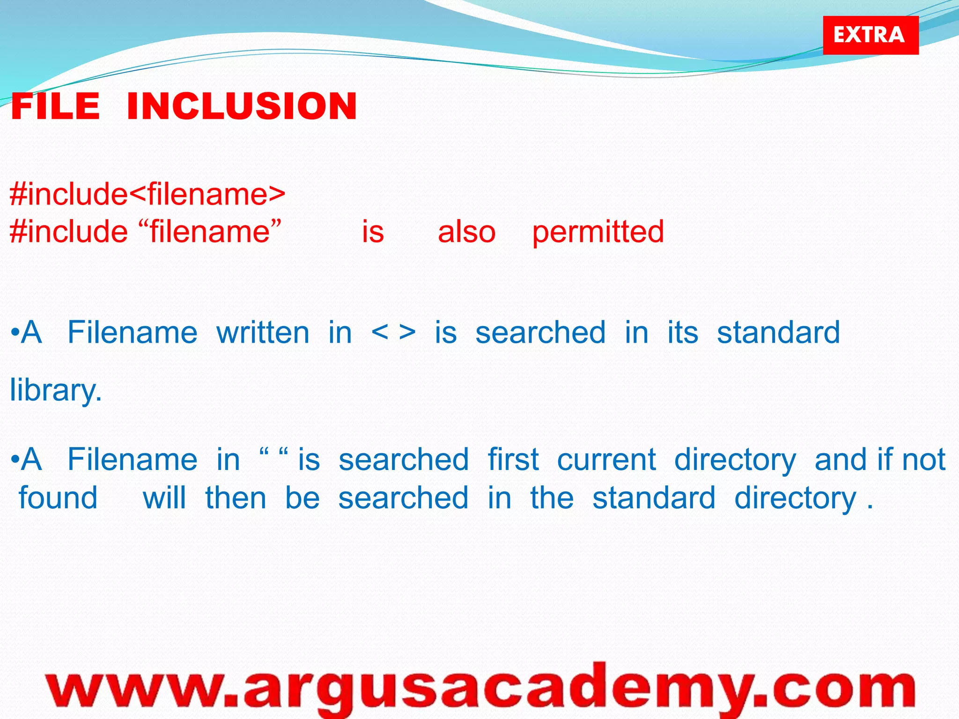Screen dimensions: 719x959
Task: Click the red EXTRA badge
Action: (870, 35)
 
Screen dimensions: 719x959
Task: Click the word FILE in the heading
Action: (55, 106)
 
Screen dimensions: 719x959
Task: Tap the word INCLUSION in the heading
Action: (242, 106)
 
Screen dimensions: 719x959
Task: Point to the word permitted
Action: (598, 231)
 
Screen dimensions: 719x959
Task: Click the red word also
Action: (466, 232)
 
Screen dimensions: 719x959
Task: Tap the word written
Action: (263, 333)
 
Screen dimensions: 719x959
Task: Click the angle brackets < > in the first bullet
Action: (393, 332)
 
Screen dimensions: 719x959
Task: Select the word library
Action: (56, 390)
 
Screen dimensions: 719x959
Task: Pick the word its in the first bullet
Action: (682, 333)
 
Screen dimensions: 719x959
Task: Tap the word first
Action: (513, 459)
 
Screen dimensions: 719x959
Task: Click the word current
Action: (606, 460)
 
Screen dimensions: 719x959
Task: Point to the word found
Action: (58, 498)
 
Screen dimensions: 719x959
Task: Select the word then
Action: (236, 498)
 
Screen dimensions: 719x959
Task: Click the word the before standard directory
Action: (552, 498)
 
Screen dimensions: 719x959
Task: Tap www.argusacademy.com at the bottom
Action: (480, 689)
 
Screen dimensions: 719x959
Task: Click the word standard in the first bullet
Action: (778, 333)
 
